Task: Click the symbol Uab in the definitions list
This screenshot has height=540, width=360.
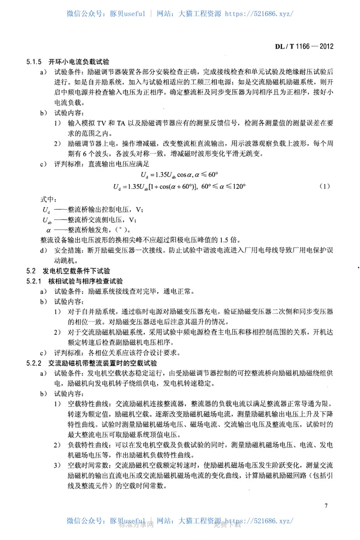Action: pos(47,220)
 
